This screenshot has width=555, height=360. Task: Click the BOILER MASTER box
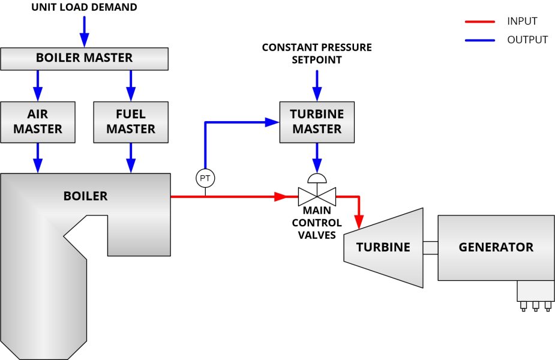[84, 58]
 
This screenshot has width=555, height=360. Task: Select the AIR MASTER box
[38, 122]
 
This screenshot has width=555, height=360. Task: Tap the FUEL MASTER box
[131, 122]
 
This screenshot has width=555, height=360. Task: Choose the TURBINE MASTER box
[317, 122]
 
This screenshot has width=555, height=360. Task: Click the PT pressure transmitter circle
[205, 178]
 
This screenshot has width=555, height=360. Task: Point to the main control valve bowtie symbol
[317, 196]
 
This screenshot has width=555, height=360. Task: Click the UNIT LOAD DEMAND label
[84, 8]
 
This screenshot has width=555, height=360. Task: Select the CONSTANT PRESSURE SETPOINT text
[317, 53]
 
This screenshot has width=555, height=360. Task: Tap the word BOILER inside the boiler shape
[85, 196]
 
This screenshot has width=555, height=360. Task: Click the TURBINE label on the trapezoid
[383, 247]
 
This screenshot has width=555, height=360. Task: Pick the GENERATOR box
[496, 247]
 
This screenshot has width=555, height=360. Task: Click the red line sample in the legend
[479, 22]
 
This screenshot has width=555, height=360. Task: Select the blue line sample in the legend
[479, 40]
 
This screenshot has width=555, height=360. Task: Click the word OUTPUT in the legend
[527, 40]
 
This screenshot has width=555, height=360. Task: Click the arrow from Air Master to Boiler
[38, 158]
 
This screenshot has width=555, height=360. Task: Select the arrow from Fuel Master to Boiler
[131, 158]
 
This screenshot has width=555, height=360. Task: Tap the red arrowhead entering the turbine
[359, 223]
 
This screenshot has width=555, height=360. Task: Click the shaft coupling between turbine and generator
[430, 247]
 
